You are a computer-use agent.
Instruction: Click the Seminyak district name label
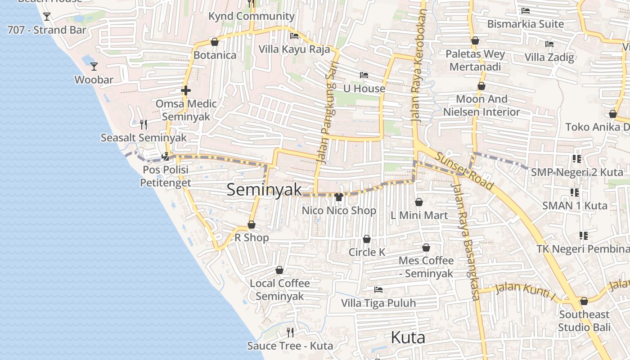pyautogui.click(x=264, y=190)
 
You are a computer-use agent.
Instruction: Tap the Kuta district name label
pyautogui.click(x=408, y=337)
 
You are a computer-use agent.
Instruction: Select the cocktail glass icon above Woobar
pyautogui.click(x=94, y=67)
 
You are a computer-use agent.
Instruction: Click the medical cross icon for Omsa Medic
pyautogui.click(x=186, y=90)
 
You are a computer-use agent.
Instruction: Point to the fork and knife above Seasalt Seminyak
pyautogui.click(x=144, y=124)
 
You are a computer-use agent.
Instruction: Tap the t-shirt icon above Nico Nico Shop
pyautogui.click(x=339, y=197)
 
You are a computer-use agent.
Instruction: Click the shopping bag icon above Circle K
pyautogui.click(x=367, y=239)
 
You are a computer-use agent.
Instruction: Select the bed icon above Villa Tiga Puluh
pyautogui.click(x=378, y=290)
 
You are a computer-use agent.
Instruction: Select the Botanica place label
pyautogui.click(x=215, y=55)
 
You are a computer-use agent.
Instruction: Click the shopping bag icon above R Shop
pyautogui.click(x=252, y=225)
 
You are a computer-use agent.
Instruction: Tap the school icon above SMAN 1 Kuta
pyautogui.click(x=575, y=193)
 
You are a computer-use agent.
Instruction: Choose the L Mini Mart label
pyautogui.click(x=419, y=216)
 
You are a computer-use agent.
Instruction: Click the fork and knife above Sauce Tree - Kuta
pyautogui.click(x=290, y=333)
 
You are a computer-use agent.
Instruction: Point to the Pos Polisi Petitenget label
pyautogui.click(x=165, y=176)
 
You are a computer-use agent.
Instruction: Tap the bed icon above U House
pyautogui.click(x=364, y=75)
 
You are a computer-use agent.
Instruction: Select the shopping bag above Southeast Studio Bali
pyautogui.click(x=584, y=301)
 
